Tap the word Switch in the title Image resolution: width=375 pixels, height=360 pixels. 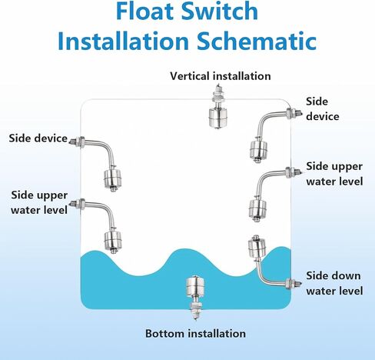(x=220, y=11)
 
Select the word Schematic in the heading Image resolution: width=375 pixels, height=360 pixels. (x=257, y=41)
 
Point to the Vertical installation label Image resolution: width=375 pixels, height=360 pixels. (x=221, y=76)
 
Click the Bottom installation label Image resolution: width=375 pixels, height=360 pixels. (x=195, y=334)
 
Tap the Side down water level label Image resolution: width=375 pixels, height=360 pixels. (x=334, y=283)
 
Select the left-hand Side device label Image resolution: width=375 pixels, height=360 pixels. (x=38, y=138)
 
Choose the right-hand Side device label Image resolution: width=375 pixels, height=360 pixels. (x=323, y=109)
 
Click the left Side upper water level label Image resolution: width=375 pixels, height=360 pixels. (x=39, y=202)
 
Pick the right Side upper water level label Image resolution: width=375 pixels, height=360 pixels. (x=334, y=174)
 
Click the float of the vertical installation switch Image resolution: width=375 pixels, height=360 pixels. (x=217, y=118)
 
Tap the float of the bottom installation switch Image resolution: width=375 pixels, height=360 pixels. (x=196, y=285)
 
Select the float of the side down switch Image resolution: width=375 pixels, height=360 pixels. (x=257, y=248)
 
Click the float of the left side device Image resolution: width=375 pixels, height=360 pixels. (x=112, y=178)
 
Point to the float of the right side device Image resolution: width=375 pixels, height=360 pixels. (x=259, y=150)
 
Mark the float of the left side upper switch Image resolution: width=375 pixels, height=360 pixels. (x=113, y=241)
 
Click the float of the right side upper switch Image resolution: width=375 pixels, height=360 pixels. (x=257, y=208)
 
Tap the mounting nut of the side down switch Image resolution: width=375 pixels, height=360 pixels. (x=290, y=284)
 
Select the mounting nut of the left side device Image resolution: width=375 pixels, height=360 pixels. (x=81, y=142)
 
